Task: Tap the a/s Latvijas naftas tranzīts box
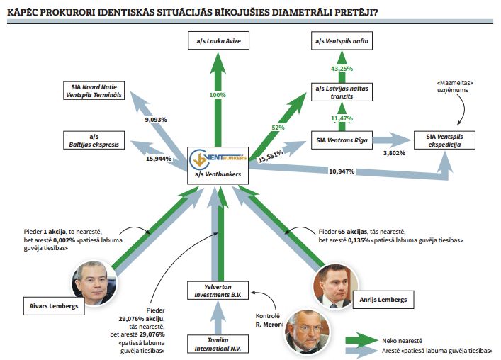point(342,93)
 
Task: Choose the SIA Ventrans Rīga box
point(342,140)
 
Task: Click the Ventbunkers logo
point(215,157)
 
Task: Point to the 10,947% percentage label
point(342,171)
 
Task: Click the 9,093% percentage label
point(155,120)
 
